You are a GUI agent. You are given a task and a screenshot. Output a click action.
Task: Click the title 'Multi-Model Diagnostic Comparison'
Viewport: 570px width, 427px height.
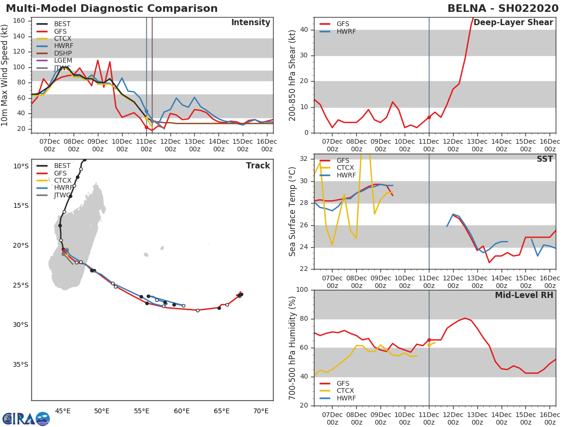click(x=112, y=9)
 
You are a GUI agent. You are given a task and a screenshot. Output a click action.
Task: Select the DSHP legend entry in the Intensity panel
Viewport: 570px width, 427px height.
click(x=63, y=53)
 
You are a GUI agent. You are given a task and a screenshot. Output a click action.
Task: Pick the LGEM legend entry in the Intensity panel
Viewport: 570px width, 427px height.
click(x=63, y=61)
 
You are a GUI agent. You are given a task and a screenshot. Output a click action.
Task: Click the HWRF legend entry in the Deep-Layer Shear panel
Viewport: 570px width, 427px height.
click(x=346, y=32)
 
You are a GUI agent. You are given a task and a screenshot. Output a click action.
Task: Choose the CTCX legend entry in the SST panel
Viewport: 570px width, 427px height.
click(x=346, y=168)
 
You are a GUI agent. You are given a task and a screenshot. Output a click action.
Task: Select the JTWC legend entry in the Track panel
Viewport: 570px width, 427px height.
click(x=62, y=195)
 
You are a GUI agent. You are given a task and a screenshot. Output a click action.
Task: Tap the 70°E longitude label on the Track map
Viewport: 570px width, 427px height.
click(x=261, y=411)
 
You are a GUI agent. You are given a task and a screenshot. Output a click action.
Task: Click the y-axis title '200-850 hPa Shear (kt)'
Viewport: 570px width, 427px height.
click(x=293, y=75)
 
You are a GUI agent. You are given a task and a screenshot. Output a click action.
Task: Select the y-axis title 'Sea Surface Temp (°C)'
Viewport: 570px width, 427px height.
click(x=293, y=212)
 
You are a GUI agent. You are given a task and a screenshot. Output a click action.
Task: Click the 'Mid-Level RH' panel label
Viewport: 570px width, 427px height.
click(x=524, y=296)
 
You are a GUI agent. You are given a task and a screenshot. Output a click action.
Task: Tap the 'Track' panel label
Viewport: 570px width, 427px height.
click(x=258, y=166)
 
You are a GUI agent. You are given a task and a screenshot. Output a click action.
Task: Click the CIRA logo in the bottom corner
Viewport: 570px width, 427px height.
click(x=26, y=418)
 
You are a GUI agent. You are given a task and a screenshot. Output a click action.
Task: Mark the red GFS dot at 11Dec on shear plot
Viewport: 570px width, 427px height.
click(x=429, y=117)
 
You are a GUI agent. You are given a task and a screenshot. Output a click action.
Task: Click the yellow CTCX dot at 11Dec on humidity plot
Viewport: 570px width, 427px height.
click(x=429, y=345)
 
